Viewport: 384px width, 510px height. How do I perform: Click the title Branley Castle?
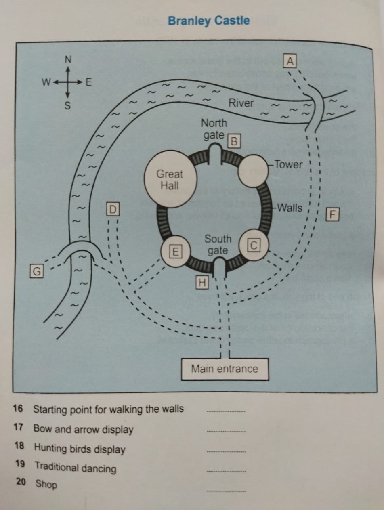point(208,21)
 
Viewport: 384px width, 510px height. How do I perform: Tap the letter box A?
point(290,61)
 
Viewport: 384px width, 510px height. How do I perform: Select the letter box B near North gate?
point(235,142)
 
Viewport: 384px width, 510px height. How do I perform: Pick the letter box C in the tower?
point(254,244)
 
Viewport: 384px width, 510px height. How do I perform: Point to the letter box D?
point(113,209)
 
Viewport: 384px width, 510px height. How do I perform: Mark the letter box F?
point(332,214)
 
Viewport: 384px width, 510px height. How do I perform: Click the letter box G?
point(36,271)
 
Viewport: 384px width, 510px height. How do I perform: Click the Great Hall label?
point(170,180)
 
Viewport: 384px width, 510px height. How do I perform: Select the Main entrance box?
point(225,369)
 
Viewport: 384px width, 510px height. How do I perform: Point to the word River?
point(241,103)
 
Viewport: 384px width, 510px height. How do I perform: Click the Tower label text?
point(288,164)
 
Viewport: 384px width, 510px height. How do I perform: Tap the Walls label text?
point(290,208)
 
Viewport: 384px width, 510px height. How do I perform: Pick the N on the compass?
point(68,59)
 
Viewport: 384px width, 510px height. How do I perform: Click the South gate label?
point(218,245)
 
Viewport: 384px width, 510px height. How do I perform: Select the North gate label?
point(214,129)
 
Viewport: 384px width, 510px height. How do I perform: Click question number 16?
point(17,408)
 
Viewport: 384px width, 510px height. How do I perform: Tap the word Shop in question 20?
point(46,484)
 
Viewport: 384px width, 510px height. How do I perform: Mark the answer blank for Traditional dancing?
point(226,470)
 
